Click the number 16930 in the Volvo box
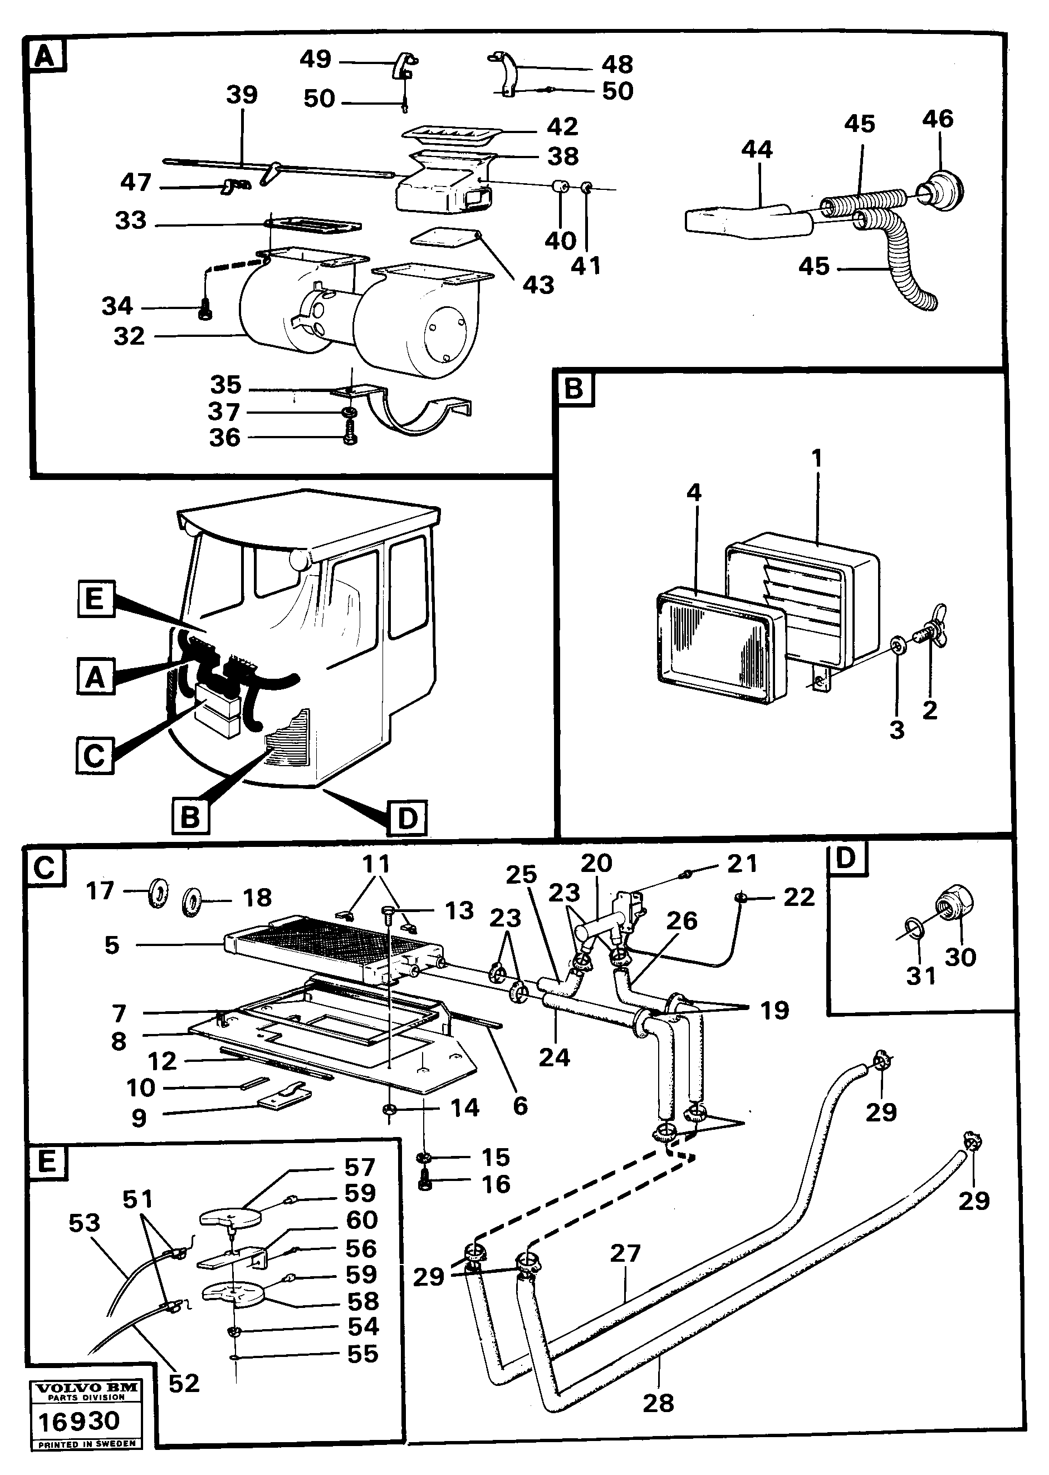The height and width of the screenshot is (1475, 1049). click(x=79, y=1422)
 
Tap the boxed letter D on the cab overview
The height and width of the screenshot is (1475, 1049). click(x=408, y=817)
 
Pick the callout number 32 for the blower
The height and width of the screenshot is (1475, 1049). click(x=129, y=336)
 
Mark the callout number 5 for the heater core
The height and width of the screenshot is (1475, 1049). click(x=112, y=945)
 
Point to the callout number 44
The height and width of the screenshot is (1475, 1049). click(x=757, y=150)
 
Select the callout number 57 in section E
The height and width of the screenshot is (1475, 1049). click(x=359, y=1168)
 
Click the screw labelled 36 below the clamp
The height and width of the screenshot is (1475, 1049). click(x=350, y=437)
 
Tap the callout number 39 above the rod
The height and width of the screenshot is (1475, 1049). click(x=242, y=95)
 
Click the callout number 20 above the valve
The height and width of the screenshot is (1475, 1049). click(x=596, y=863)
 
